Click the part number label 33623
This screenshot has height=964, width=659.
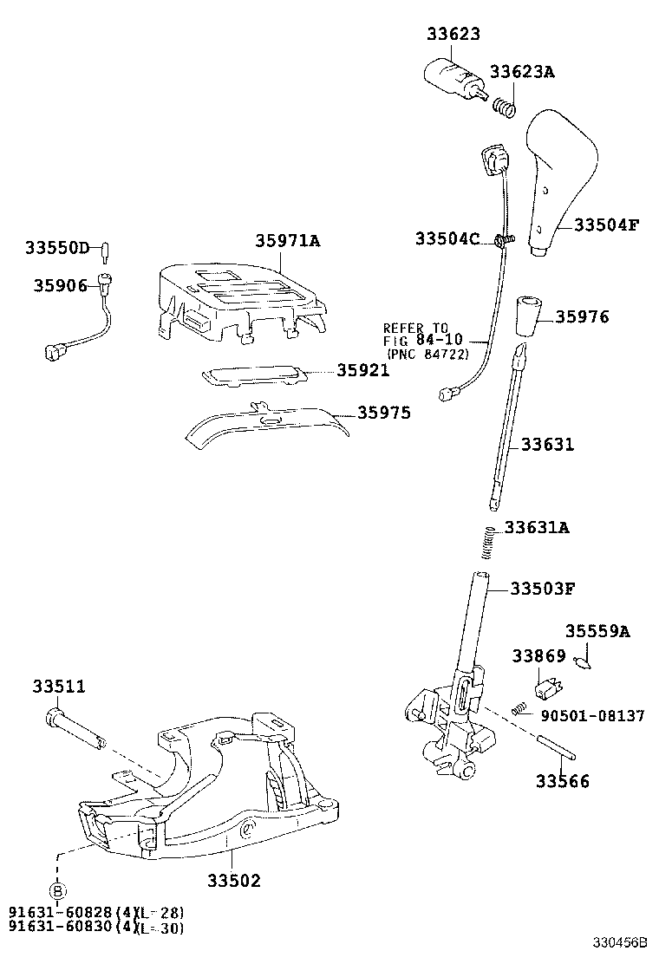453,35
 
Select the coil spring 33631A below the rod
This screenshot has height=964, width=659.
489,543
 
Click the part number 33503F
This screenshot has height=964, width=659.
543,589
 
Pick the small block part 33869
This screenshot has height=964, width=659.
546,689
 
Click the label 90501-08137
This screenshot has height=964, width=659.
592,716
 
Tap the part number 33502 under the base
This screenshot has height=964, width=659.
233,880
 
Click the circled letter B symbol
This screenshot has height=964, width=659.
56,890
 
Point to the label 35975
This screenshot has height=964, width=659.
384,414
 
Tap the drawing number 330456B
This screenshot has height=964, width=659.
620,942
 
